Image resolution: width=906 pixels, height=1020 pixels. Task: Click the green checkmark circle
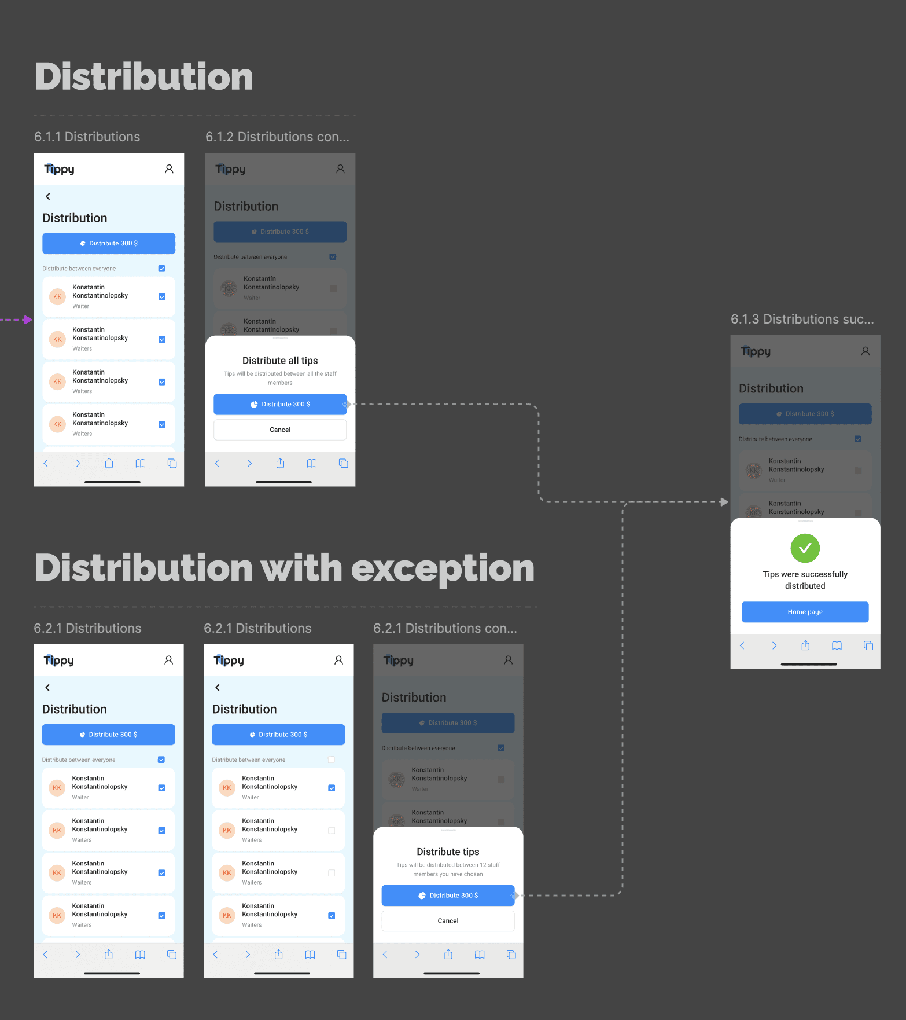tap(805, 548)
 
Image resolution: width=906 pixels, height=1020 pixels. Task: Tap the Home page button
tap(805, 612)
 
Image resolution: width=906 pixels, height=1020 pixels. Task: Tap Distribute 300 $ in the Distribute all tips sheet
tap(280, 404)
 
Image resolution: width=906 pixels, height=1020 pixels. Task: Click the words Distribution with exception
tap(285, 568)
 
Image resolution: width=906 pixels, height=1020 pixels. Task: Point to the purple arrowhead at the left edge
tap(28, 320)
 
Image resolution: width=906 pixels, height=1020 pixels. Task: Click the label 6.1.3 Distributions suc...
tap(802, 319)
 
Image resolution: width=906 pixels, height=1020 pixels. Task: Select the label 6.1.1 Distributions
tap(87, 137)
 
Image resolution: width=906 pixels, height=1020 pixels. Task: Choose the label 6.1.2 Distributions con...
tap(277, 137)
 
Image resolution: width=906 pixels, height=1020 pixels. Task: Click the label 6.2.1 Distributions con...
tap(445, 628)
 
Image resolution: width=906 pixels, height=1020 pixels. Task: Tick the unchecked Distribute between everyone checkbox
tap(332, 760)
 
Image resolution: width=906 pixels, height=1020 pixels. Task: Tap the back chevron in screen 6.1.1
tap(48, 196)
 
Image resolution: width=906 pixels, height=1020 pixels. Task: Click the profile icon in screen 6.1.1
tap(169, 169)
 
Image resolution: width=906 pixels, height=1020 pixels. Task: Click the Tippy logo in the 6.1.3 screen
tap(755, 351)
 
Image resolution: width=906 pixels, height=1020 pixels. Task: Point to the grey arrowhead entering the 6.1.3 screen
tap(724, 502)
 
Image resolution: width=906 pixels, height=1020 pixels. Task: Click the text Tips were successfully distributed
tap(805, 579)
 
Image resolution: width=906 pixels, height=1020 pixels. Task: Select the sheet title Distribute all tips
tap(280, 361)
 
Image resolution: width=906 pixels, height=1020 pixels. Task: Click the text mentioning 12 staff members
tap(448, 869)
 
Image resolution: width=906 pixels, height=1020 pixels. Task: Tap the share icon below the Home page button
tap(805, 645)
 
